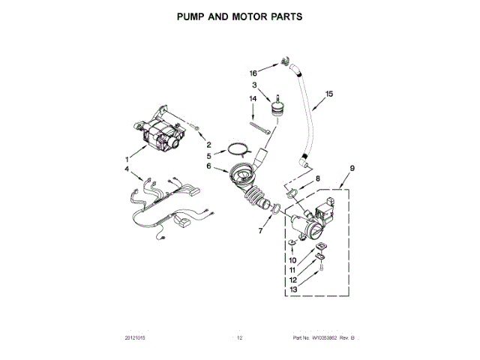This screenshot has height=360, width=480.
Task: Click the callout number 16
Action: click(x=253, y=73)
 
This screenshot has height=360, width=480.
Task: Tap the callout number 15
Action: click(x=328, y=95)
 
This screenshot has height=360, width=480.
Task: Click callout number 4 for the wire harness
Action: click(x=127, y=170)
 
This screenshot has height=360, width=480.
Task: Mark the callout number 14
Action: click(x=253, y=98)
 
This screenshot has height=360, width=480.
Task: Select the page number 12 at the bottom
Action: click(x=240, y=338)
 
